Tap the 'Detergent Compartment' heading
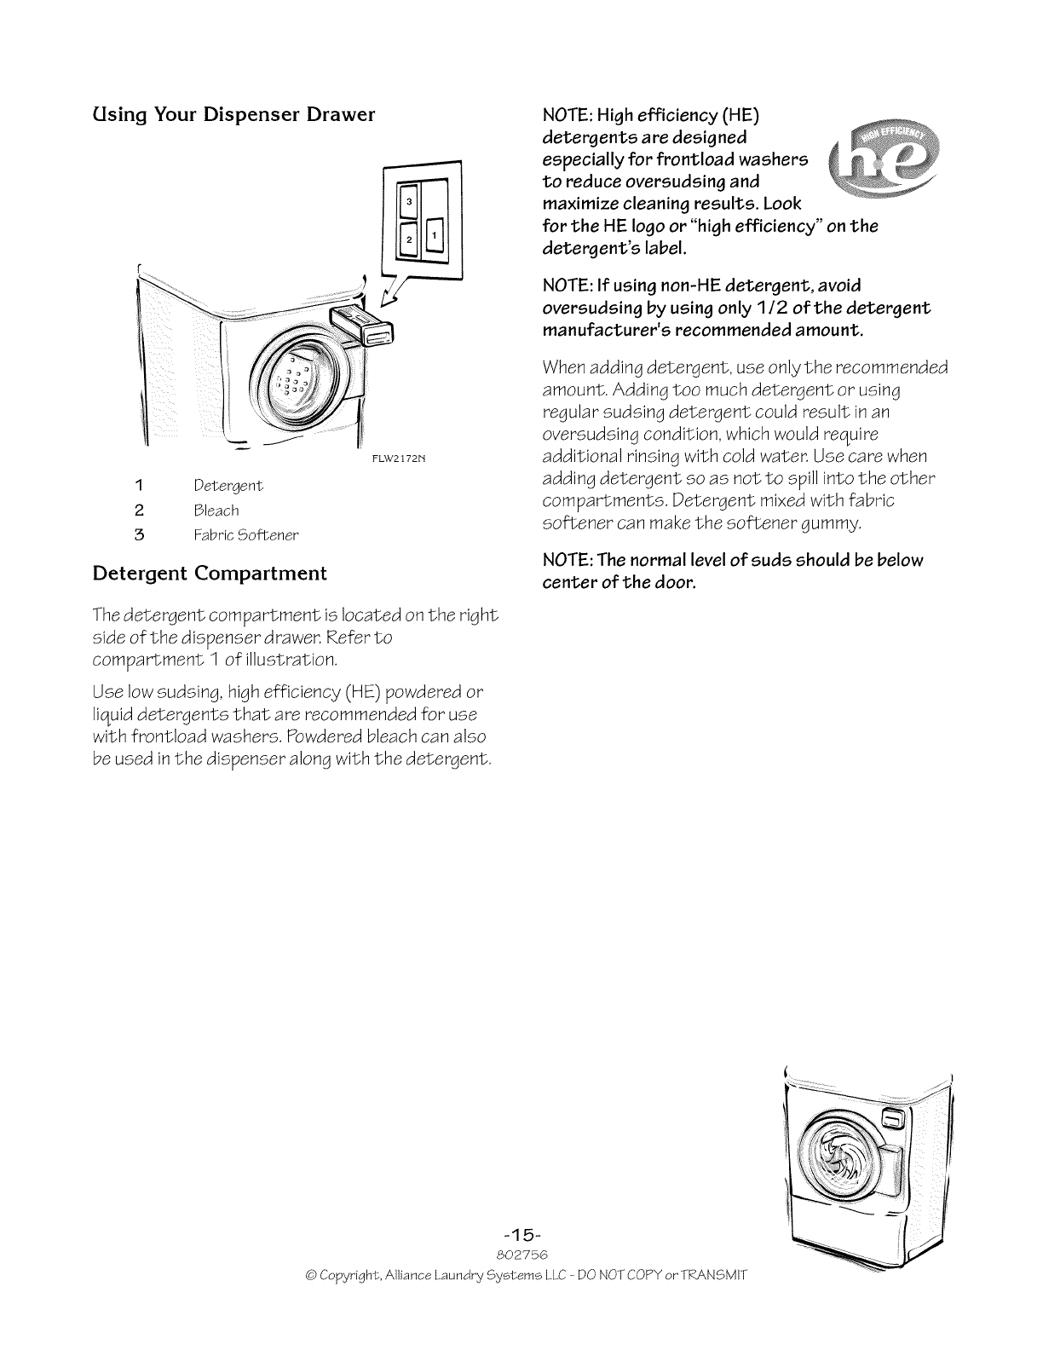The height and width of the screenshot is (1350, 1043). pyautogui.click(x=209, y=573)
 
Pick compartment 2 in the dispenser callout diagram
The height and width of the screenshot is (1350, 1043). pyautogui.click(x=409, y=239)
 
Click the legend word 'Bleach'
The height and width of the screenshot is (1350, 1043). pyautogui.click(x=216, y=511)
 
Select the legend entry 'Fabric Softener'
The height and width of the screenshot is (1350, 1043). pyautogui.click(x=246, y=535)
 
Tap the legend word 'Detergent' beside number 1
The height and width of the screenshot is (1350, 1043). pyautogui.click(x=228, y=486)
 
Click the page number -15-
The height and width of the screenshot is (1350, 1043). pyautogui.click(x=521, y=1235)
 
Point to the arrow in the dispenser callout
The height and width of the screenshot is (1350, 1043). pyautogui.click(x=394, y=294)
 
